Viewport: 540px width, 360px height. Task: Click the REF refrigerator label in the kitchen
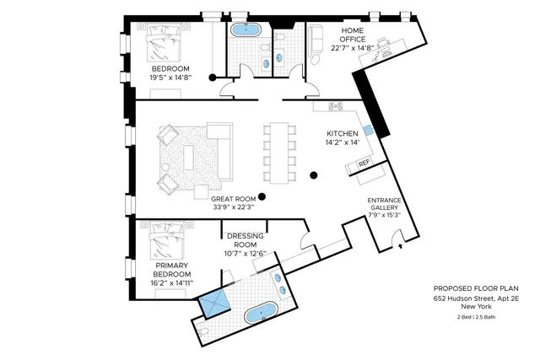364,163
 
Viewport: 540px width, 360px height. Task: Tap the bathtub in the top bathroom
248,31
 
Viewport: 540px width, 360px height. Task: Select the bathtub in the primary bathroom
263,315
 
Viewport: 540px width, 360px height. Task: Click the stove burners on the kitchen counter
335,106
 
